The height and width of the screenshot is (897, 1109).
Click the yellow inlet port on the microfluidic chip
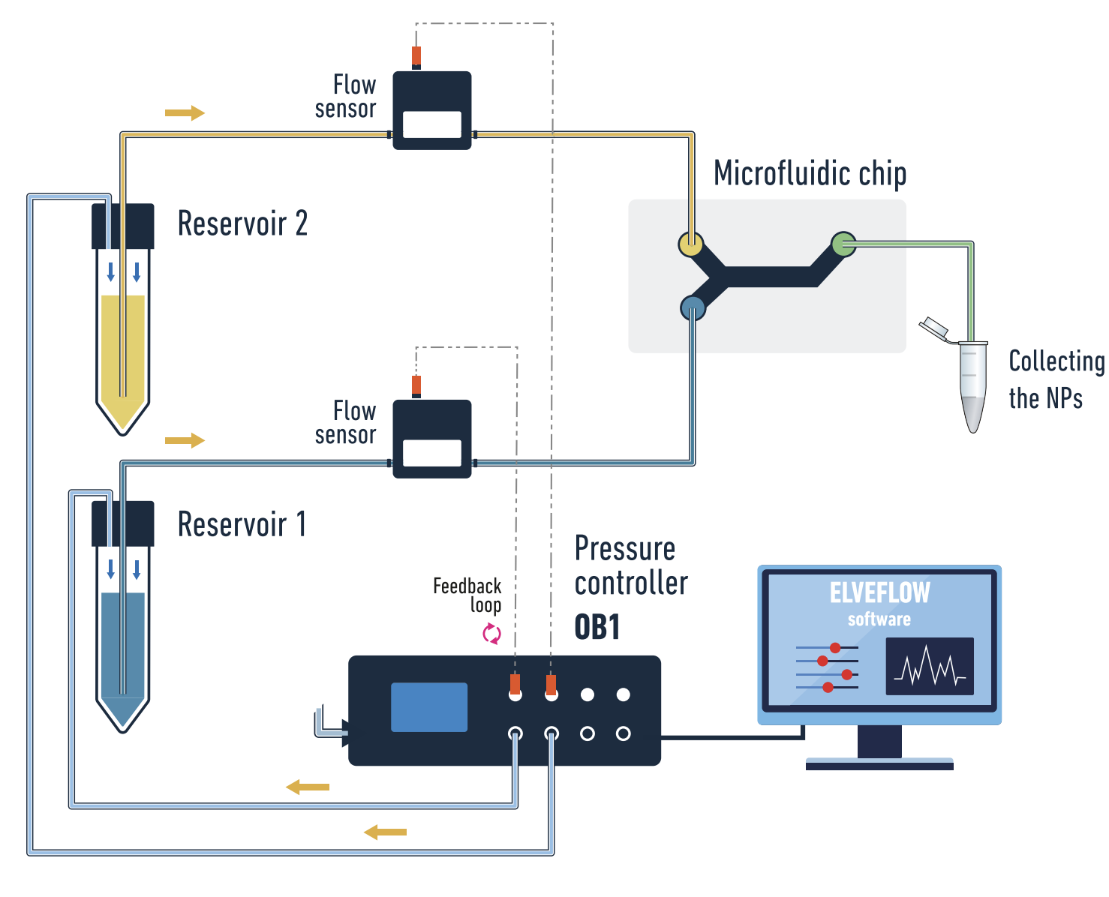coord(690,244)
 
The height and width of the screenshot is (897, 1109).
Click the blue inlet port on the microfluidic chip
coord(693,307)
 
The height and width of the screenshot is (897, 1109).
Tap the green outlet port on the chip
coord(843,244)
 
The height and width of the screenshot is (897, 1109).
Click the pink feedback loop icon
coord(491,634)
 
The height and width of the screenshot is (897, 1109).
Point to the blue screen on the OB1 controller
coord(429,706)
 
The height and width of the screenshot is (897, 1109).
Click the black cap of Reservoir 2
coord(123,226)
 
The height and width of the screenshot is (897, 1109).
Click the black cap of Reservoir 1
coord(123,523)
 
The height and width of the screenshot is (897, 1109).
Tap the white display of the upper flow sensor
coord(432,124)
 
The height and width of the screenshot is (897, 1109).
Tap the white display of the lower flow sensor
coord(432,453)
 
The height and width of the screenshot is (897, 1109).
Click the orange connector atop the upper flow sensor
coord(416,56)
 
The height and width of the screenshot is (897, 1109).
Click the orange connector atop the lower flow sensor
coord(416,385)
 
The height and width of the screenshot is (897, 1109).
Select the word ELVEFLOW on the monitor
coord(879,593)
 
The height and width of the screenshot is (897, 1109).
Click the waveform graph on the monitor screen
coord(930,666)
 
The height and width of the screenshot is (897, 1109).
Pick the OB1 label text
coord(597,628)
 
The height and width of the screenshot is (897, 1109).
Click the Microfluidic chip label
coord(810,173)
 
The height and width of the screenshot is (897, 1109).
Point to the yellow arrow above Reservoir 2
coord(185,113)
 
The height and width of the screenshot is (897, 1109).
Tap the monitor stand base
coord(879,765)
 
